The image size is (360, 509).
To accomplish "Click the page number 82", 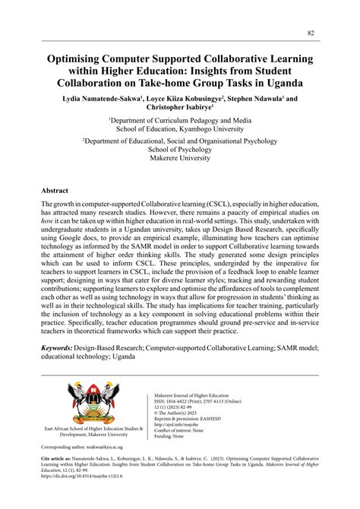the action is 311,33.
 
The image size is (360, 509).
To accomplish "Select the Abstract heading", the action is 55,191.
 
